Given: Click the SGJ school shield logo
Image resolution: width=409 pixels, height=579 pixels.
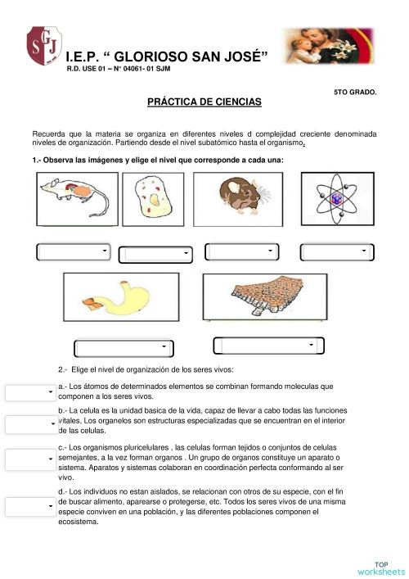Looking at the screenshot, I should pos(45,47).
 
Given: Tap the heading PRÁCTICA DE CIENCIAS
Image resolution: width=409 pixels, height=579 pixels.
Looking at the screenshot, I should pos(204,102).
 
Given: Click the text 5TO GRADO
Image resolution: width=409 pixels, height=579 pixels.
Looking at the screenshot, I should pos(355,92).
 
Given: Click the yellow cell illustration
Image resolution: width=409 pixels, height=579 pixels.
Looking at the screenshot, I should pos(153,200).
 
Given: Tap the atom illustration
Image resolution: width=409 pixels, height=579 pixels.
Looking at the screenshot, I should pos(335,200).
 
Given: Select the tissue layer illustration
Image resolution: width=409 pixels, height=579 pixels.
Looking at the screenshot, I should pos(262,299).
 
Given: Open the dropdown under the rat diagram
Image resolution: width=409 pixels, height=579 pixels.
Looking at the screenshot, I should pos(74,251).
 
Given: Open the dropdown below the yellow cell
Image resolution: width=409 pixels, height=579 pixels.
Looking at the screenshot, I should pos(155,255).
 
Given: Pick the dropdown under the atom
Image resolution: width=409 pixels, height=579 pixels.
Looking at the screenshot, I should pos(336,251).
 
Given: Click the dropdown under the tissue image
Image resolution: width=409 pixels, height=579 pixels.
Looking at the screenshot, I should pos(263,346).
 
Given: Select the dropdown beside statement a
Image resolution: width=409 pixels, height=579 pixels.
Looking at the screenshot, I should pos(30,393).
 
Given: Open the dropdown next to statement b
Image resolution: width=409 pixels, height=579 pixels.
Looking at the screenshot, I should pos(30,424).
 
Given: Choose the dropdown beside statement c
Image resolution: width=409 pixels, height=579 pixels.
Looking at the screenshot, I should pos(30,459).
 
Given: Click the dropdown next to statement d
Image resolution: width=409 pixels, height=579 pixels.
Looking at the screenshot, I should pos(30,507).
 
